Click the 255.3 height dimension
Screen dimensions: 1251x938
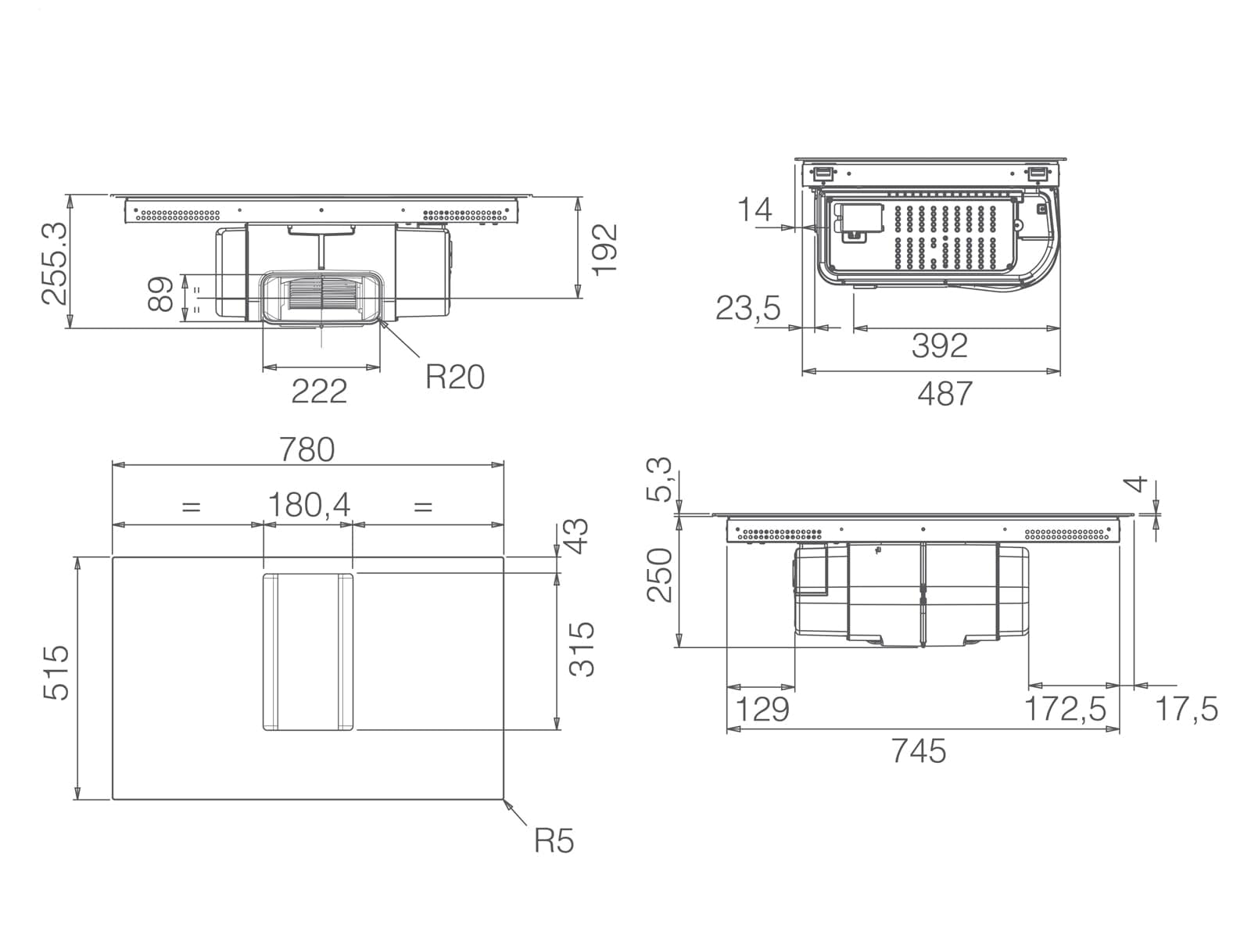coord(55,263)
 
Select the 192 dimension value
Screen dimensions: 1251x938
coord(604,250)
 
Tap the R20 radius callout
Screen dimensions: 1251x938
coord(455,377)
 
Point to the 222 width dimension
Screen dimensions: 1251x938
coord(319,392)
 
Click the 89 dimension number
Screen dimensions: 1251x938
coord(160,294)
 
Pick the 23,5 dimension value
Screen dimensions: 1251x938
coord(747,309)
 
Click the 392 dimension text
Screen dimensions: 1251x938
coord(940,345)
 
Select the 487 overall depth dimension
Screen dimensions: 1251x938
coord(945,393)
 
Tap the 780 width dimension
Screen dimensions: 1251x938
coord(306,449)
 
